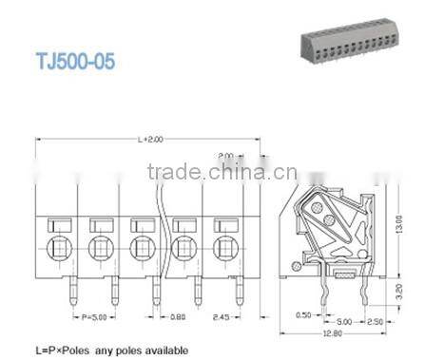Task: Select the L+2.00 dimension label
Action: point(149,139)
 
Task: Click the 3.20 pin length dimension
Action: point(402,289)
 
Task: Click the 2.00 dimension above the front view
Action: point(226,155)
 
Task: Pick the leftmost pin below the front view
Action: point(70,289)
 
